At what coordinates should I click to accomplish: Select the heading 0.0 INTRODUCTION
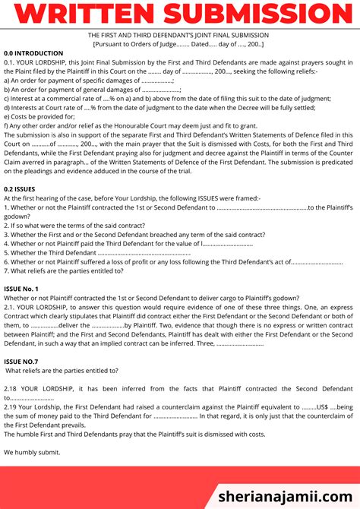point(35,53)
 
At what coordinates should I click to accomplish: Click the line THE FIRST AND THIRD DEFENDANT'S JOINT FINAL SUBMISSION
point(180,35)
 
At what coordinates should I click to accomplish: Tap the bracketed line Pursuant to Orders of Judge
point(180,44)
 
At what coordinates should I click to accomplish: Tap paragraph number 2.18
point(12,388)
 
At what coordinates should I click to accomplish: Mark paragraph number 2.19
point(12,406)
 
